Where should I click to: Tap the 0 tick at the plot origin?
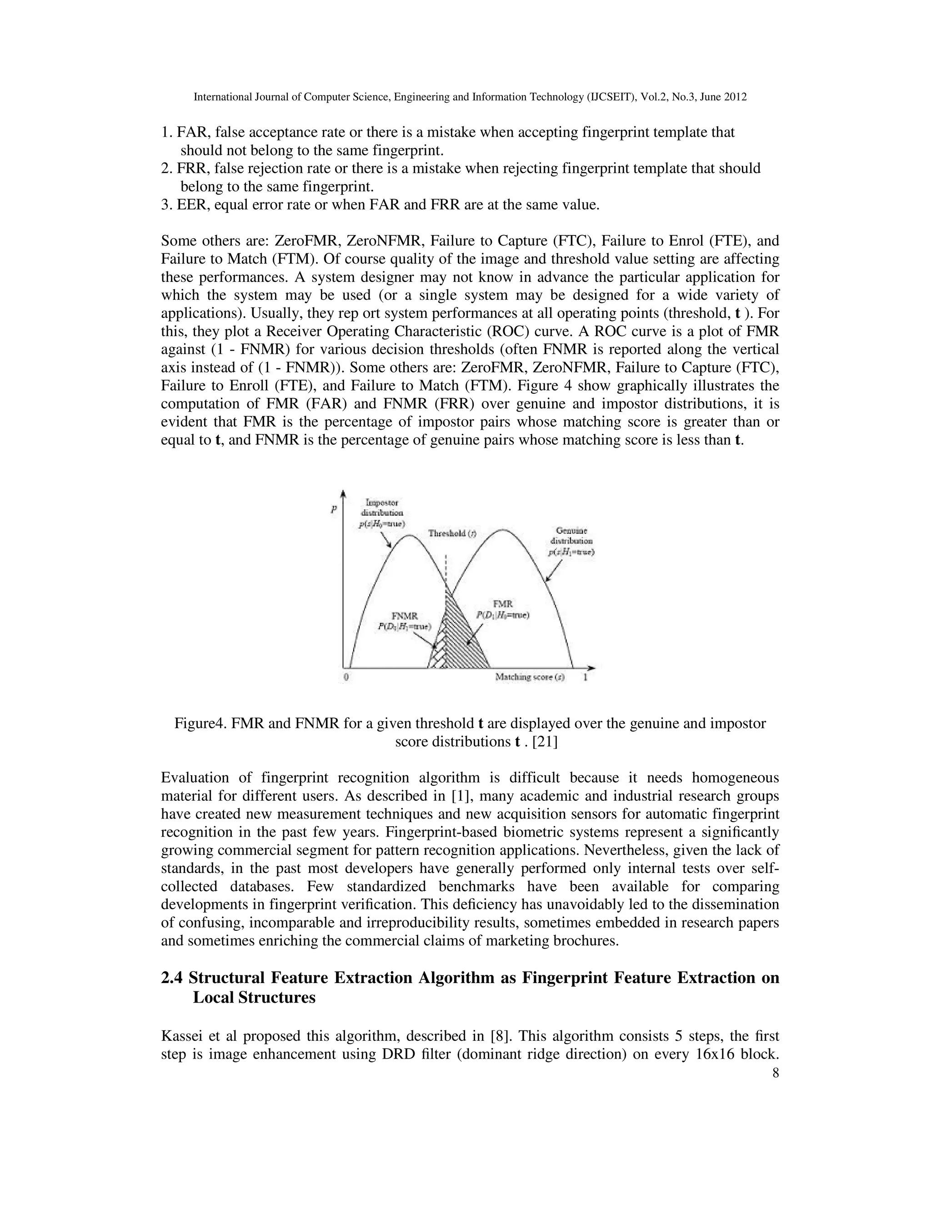[x=346, y=677]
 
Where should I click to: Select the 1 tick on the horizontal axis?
[x=585, y=677]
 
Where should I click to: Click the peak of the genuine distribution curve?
[x=503, y=530]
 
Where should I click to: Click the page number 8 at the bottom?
[x=776, y=1089]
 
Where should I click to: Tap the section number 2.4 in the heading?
[x=172, y=978]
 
